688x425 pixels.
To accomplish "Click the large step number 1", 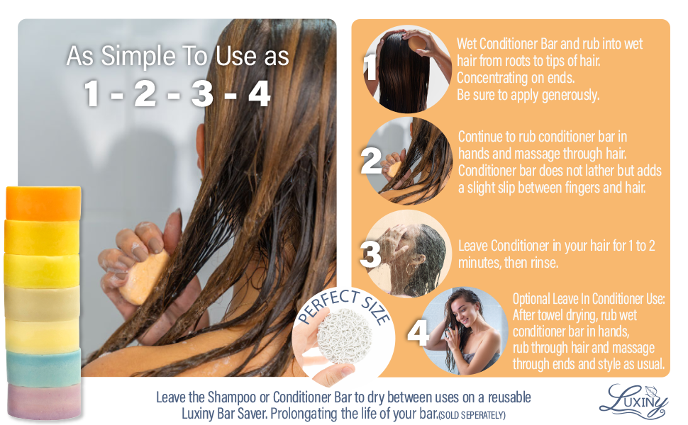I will click(370, 69).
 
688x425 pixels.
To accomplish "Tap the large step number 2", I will click(371, 161).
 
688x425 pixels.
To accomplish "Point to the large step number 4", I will click(418, 333).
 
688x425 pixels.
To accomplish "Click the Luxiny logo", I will click(633, 399).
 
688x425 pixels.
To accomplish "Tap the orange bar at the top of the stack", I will click(43, 203).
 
